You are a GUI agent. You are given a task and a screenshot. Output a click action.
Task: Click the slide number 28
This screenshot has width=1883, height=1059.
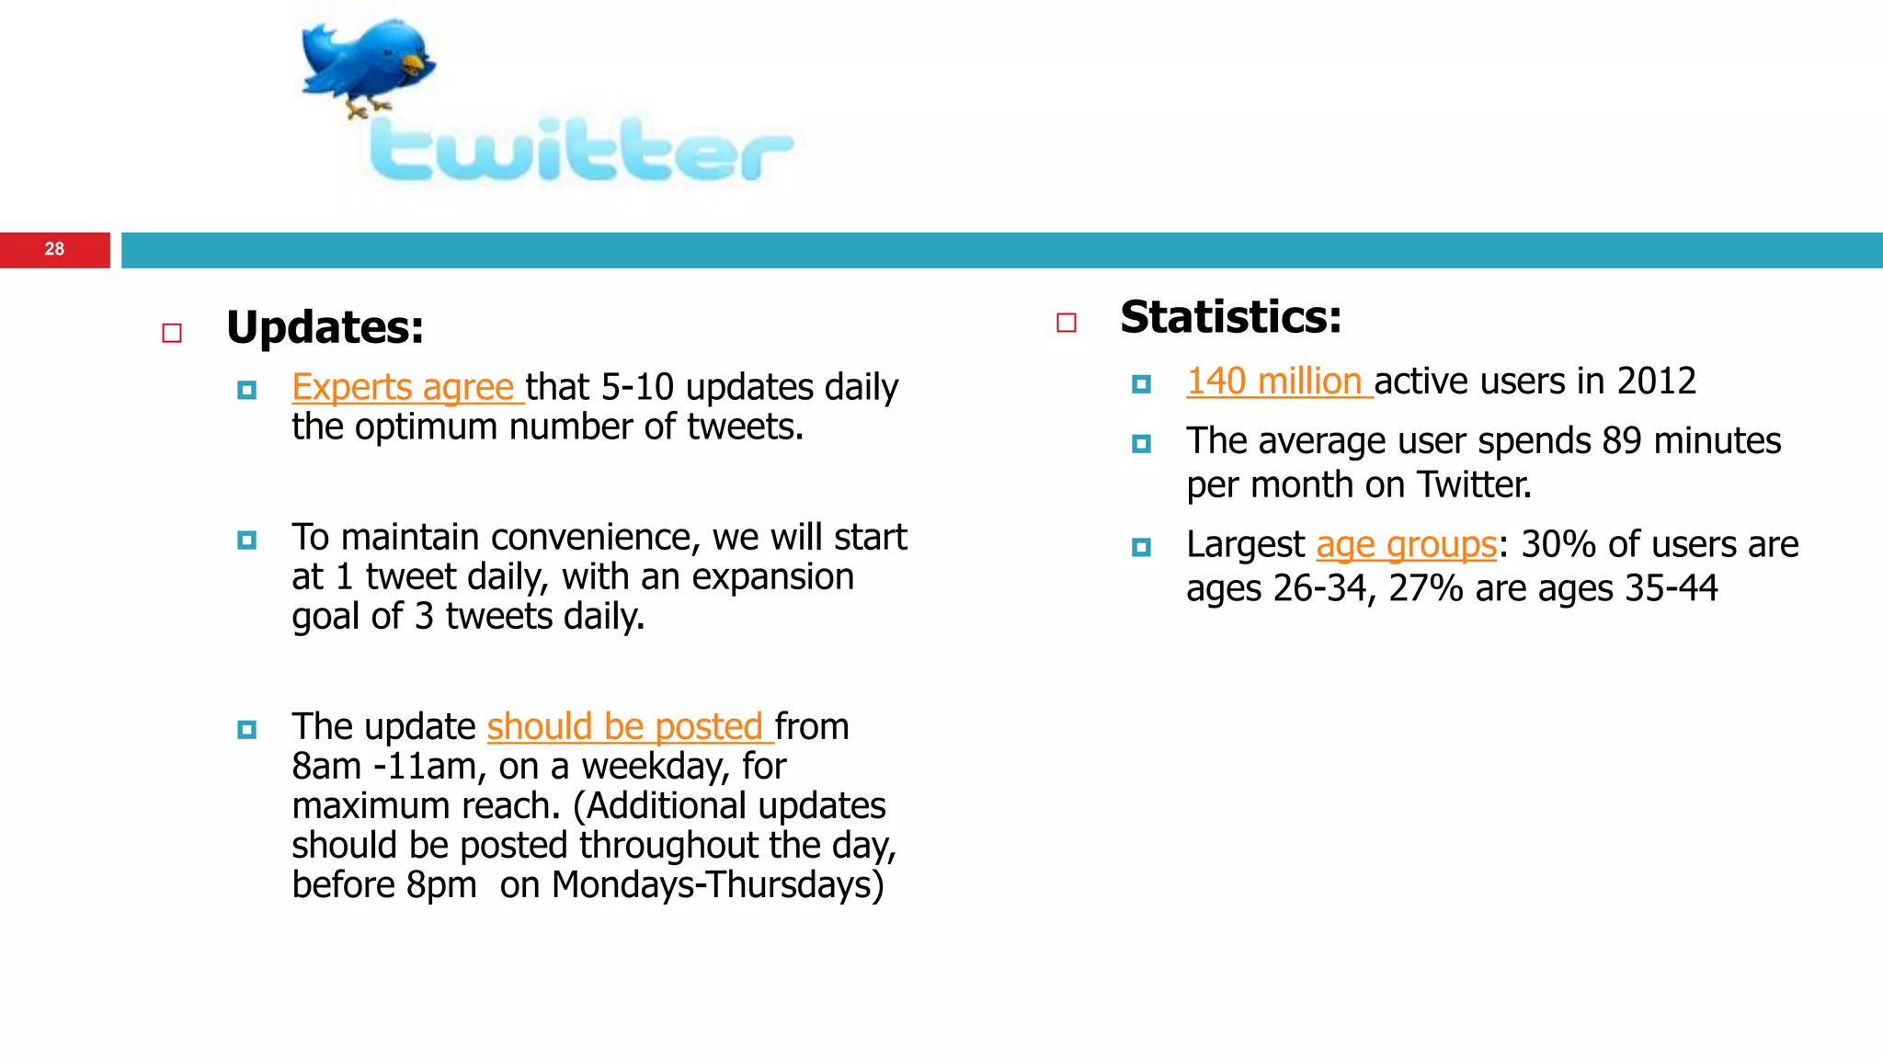pos(54,249)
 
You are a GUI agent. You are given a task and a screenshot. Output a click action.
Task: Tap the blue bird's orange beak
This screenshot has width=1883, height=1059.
pos(416,64)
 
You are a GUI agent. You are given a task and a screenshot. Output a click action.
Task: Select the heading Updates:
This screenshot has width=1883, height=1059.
pos(325,327)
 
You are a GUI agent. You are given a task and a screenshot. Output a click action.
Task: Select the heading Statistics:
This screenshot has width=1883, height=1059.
pos(1230,317)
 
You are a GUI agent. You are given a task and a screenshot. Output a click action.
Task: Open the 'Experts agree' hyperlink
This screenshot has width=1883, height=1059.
pos(403,387)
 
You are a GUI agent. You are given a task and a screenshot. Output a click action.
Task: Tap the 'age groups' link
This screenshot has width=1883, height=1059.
pos(1406,544)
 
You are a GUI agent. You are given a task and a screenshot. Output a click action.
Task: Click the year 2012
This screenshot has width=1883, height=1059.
pos(1656,381)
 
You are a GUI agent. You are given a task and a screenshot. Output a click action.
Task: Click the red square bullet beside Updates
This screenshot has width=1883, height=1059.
pos(172,333)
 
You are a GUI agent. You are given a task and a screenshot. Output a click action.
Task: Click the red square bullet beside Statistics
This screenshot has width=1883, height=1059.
pos(1067,323)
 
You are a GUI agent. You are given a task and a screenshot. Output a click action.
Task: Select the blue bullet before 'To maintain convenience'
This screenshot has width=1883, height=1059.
pos(246,541)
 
